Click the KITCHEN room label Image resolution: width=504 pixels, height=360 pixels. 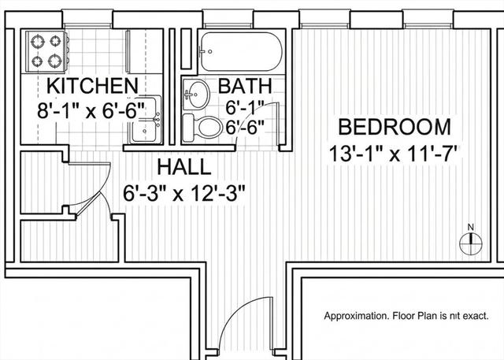[93, 86]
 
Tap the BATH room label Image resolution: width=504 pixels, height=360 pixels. [245, 86]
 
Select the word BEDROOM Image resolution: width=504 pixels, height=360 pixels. [395, 127]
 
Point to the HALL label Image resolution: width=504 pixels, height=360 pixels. [184, 167]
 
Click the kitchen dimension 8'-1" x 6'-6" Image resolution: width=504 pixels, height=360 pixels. [91, 110]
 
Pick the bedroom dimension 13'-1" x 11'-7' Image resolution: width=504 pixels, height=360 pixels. [395, 154]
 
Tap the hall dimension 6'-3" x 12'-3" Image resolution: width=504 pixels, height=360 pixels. [184, 194]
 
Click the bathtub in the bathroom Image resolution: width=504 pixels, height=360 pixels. [241, 51]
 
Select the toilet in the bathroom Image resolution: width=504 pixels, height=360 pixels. [202, 128]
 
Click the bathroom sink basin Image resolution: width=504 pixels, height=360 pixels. [196, 95]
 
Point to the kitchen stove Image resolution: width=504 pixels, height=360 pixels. [46, 51]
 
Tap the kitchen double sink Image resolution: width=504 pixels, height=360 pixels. [145, 120]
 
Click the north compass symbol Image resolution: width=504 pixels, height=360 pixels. [471, 243]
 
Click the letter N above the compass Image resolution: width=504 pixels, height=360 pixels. [471, 227]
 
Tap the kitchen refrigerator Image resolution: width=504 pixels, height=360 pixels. [144, 51]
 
